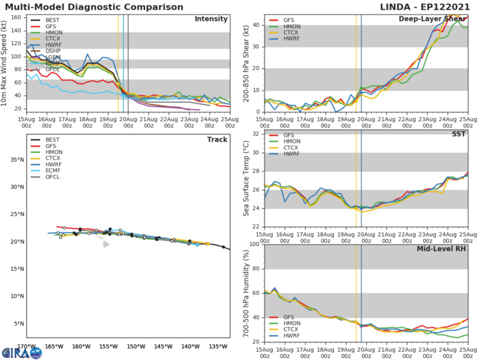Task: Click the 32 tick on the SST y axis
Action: [254, 134]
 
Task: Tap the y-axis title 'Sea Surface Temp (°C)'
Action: [243, 180]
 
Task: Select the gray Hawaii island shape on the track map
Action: [106, 243]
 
